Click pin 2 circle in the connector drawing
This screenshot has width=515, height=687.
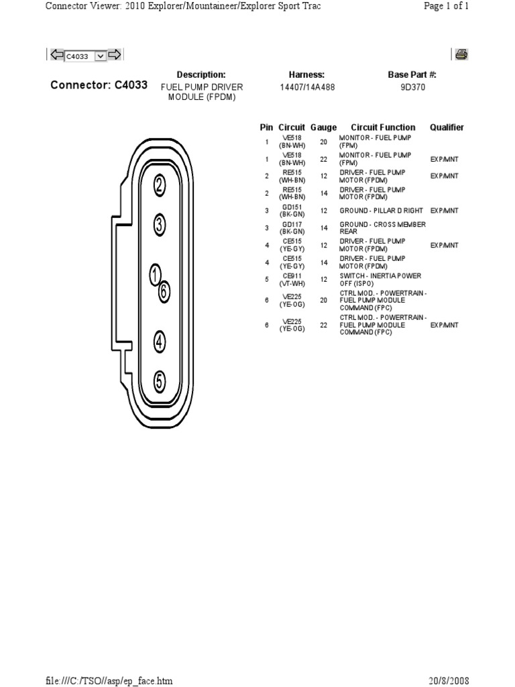(x=160, y=185)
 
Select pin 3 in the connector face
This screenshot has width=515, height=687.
(x=160, y=225)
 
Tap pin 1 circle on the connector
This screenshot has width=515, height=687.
(x=156, y=274)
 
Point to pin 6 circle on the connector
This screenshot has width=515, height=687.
(x=164, y=291)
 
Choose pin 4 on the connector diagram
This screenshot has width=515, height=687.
(x=160, y=341)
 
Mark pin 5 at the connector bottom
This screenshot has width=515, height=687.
(x=160, y=382)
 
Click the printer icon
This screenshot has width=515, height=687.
(x=461, y=55)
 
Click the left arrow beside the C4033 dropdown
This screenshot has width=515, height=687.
(x=57, y=55)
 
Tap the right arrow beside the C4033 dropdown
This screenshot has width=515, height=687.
(x=115, y=55)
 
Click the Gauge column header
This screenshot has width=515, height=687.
(x=323, y=127)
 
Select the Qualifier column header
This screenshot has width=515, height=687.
(x=447, y=127)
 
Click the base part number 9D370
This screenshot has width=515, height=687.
(x=412, y=87)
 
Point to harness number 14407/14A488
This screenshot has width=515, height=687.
(x=307, y=87)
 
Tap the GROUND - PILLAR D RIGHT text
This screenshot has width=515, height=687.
(x=382, y=211)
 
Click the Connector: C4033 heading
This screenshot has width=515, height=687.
(x=99, y=87)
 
